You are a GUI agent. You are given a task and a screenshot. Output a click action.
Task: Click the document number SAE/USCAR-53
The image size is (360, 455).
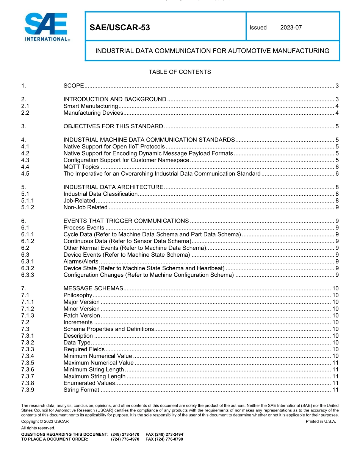[x=120, y=28]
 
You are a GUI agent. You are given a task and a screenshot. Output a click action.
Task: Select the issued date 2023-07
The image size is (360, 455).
[x=291, y=28]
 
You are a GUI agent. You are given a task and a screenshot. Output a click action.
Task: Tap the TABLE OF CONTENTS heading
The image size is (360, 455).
[x=180, y=72]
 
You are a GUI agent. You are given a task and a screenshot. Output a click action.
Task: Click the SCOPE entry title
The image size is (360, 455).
[x=74, y=86]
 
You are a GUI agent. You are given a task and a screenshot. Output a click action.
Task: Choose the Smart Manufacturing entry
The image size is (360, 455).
[x=91, y=106]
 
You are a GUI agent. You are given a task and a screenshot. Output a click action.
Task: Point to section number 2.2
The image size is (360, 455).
[x=25, y=113]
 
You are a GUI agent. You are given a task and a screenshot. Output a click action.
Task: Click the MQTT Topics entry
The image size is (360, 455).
[x=81, y=167]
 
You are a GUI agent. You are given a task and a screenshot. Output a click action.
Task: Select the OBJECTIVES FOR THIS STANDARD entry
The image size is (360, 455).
[x=113, y=126]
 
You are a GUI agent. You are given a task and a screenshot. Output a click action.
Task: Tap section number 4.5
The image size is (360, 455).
[x=25, y=174]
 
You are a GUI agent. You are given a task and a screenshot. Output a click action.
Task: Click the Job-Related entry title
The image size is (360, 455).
[x=79, y=201]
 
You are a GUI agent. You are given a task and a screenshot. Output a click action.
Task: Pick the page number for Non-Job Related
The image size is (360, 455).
[x=337, y=207]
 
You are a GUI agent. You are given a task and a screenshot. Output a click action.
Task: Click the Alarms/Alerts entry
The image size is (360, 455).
[x=81, y=262]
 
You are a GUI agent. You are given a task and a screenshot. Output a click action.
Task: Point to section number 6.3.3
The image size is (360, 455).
[x=28, y=275]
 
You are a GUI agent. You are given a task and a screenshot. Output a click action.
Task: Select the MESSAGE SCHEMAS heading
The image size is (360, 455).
[x=94, y=288]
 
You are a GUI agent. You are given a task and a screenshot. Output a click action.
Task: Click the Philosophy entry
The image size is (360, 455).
[x=78, y=295]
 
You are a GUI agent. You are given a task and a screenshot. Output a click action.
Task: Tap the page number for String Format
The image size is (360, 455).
[x=335, y=390]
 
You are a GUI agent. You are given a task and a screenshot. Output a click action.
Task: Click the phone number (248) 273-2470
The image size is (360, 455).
[x=125, y=434]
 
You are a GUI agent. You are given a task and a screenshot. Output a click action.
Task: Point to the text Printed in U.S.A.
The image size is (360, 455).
[x=321, y=421]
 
